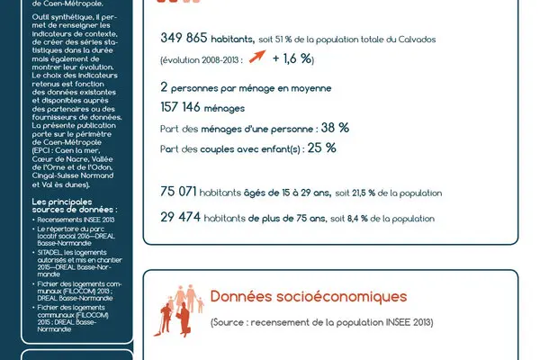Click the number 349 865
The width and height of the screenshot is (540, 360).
[x=184, y=38]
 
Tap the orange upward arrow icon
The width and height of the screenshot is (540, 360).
[x=261, y=58]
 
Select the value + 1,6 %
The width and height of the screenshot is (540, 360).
[x=292, y=58]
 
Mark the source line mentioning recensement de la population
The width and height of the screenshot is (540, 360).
[x=321, y=322]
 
